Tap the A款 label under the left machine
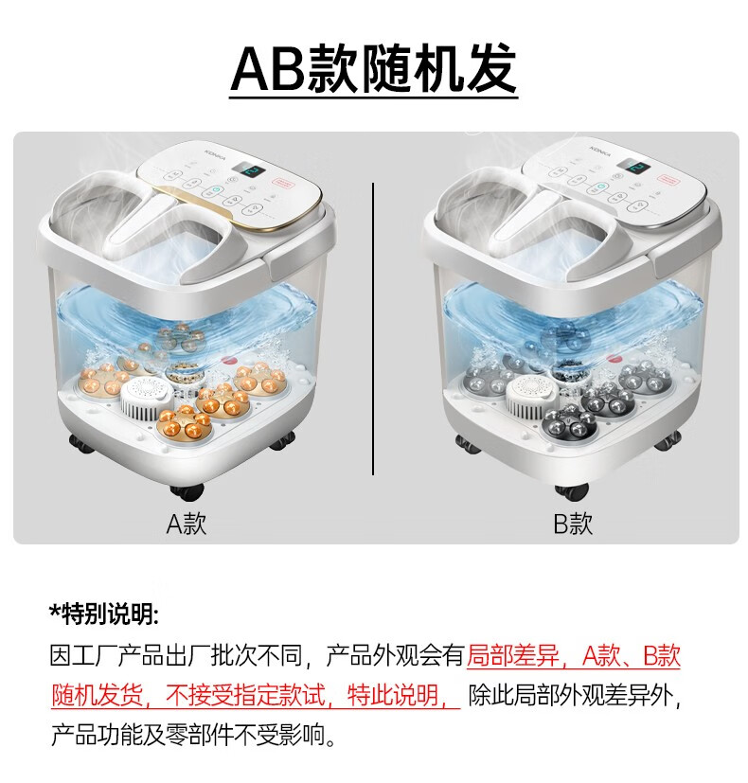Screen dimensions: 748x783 186,524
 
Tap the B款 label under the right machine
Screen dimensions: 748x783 573,524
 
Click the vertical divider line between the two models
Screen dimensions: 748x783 373,329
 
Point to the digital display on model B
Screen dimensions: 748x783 634,166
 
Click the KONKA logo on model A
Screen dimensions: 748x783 215,153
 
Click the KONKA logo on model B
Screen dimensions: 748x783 600,151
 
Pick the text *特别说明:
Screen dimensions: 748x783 104,614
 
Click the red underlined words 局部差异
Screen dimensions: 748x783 513,655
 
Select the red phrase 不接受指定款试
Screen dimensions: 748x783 245,695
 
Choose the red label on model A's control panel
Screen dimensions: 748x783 283,184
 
